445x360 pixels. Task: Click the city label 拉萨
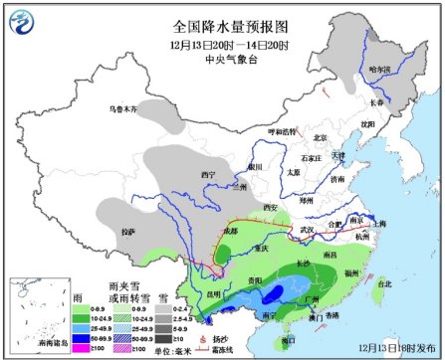click(126, 232)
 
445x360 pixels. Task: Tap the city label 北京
click(320, 138)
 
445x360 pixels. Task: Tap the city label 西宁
click(208, 174)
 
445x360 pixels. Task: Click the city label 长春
click(376, 101)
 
